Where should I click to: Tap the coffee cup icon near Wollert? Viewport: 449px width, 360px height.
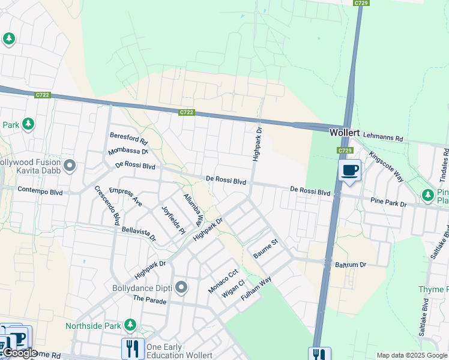[x=349, y=170]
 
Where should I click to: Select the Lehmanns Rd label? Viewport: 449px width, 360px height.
[x=384, y=137]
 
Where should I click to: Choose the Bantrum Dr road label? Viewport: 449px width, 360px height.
[x=350, y=264]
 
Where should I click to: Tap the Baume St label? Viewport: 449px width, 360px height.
[x=266, y=249]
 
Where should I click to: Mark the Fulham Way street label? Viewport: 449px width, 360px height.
[x=256, y=289]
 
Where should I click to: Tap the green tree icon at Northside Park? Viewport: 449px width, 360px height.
[x=130, y=326]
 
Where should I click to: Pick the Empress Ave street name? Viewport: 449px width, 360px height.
[x=125, y=197]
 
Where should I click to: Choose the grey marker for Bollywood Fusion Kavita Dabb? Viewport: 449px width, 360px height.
[x=70, y=165]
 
